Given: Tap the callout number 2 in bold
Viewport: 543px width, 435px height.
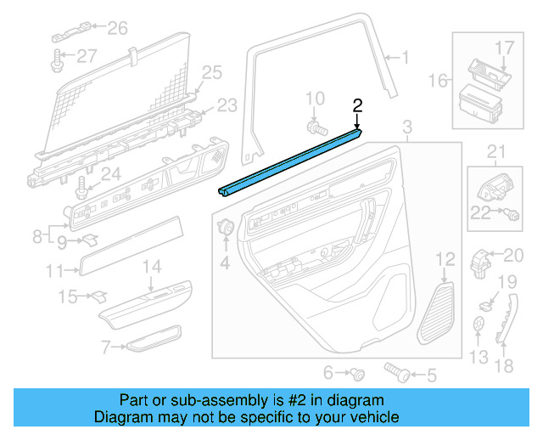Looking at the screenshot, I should click(x=357, y=105).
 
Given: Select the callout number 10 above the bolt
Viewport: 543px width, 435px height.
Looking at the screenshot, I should click(x=315, y=99).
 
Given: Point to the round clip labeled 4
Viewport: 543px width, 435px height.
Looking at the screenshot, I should click(x=227, y=227).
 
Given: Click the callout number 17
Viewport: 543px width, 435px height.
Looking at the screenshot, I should click(x=504, y=47).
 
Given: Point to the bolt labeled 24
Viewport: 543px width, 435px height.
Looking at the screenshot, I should click(x=83, y=184).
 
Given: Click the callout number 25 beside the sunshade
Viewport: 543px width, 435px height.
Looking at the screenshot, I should click(x=211, y=71).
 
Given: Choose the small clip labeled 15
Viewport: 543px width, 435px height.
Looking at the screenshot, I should click(x=98, y=296).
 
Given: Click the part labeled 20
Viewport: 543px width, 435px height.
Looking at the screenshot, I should click(x=482, y=258).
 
